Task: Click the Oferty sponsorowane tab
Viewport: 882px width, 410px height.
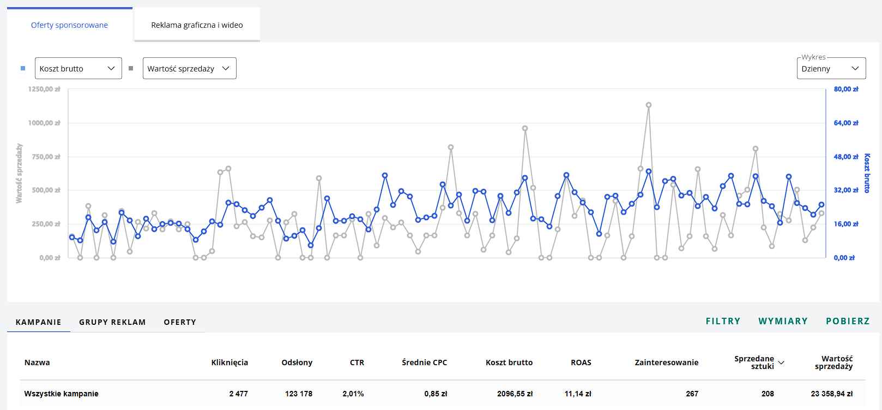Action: [69, 25]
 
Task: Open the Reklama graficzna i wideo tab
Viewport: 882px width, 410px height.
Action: [197, 25]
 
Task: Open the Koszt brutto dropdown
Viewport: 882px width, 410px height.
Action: [78, 68]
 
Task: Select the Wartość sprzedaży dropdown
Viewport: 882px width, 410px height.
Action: [189, 68]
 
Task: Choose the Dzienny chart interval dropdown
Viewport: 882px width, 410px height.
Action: [831, 68]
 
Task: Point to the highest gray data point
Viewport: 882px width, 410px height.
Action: [649, 105]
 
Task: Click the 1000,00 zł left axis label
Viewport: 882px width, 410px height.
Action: [44, 123]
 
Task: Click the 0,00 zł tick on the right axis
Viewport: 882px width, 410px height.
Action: [844, 258]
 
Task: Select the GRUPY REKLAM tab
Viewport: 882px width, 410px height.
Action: [112, 322]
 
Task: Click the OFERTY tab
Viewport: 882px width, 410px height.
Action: [180, 322]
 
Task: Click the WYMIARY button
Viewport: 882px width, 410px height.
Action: [783, 322]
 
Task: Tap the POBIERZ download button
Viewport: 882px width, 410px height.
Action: [848, 322]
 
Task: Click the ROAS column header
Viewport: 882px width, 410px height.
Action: [581, 363]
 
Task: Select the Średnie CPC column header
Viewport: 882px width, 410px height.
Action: [425, 363]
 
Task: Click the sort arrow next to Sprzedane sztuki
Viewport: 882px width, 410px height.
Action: [781, 363]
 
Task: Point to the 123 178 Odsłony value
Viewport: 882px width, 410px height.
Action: [299, 394]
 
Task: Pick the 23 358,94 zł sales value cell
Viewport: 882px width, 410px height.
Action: [832, 394]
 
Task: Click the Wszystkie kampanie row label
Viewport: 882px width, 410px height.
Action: [61, 394]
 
